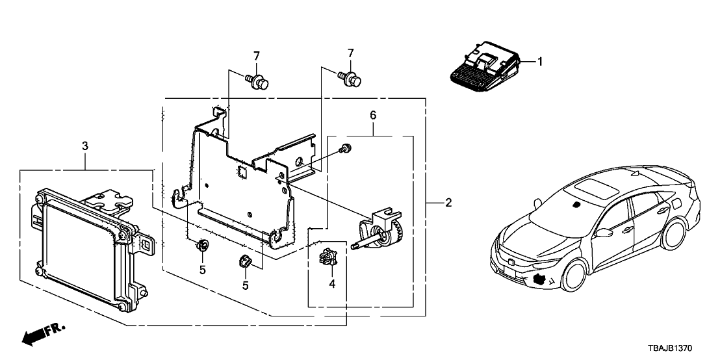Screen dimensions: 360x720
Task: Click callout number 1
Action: pyautogui.click(x=539, y=62)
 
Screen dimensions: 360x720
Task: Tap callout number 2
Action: pyautogui.click(x=448, y=203)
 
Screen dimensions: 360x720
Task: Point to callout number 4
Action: pyautogui.click(x=332, y=283)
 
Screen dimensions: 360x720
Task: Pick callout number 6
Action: pyautogui.click(x=372, y=115)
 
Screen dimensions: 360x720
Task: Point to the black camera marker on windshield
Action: pyautogui.click(x=576, y=205)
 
